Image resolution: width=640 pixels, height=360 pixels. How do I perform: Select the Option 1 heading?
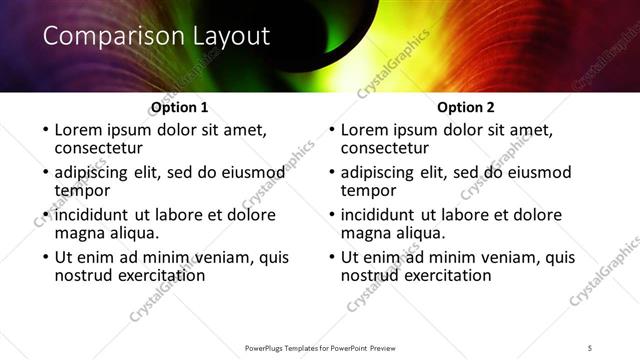179,107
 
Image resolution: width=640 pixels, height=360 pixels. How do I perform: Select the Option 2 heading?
467,107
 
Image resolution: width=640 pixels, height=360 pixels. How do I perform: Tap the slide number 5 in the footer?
590,347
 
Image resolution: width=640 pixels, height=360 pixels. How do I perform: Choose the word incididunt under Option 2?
385,215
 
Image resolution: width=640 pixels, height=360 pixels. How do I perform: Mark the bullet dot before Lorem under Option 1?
45,131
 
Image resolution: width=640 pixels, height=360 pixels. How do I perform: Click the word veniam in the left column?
212,257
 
